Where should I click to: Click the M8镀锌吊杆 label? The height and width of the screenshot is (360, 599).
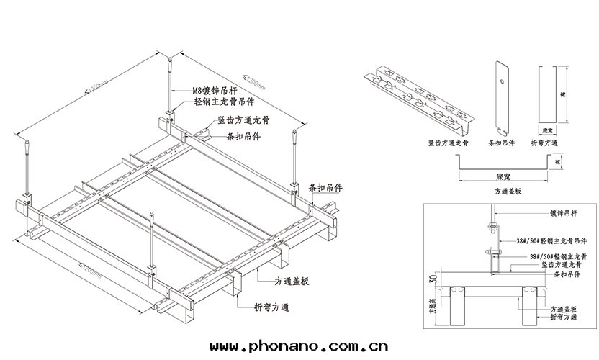tap(212, 91)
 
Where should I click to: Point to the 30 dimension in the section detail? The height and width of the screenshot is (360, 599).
tap(431, 279)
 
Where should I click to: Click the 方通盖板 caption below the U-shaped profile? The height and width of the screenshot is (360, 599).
tap(508, 192)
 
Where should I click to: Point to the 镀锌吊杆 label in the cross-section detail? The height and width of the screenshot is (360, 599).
tap(564, 213)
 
